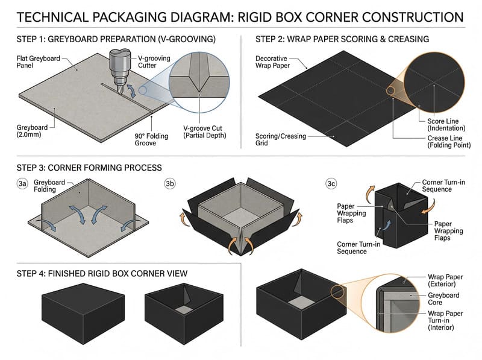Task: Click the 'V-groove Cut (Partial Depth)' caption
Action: coord(204,133)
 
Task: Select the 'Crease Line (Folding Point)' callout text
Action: coord(445,141)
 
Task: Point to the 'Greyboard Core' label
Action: coord(443,298)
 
